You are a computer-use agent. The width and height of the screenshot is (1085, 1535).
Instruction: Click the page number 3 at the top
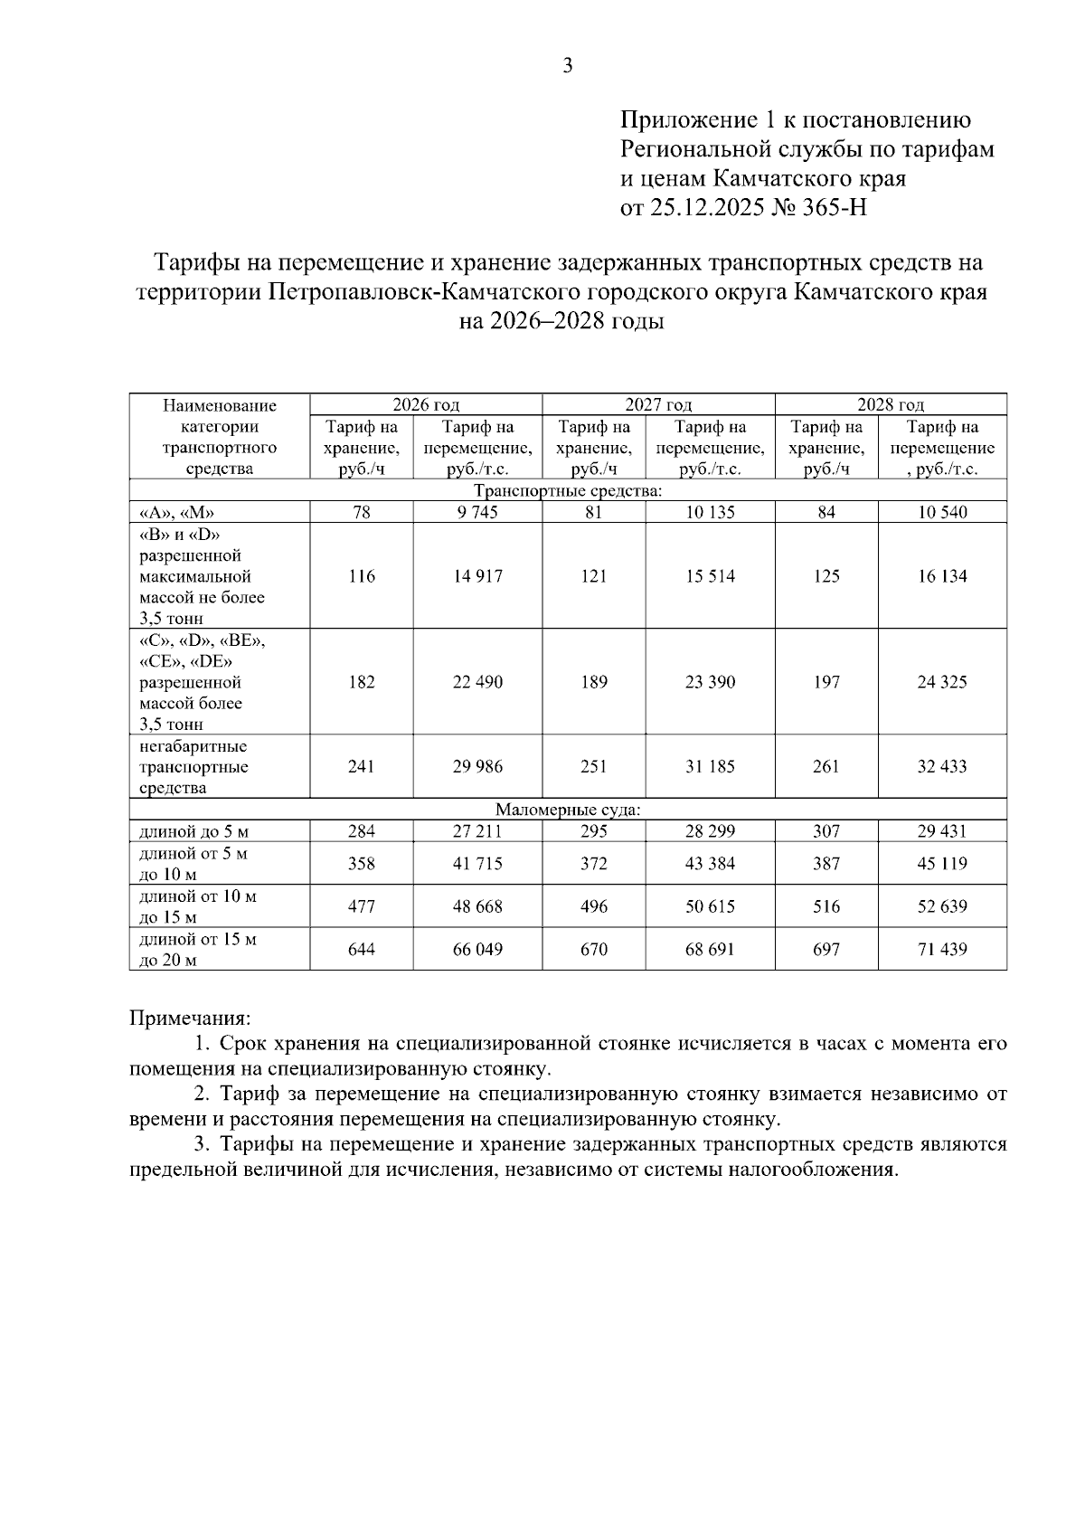point(568,65)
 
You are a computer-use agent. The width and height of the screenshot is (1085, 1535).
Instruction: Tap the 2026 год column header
point(426,404)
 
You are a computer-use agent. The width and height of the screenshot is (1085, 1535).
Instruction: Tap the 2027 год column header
point(658,404)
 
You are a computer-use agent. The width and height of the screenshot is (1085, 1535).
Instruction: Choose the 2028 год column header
point(891,404)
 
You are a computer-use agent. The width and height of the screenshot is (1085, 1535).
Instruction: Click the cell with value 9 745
point(477,513)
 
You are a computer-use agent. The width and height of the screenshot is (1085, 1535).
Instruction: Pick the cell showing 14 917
point(477,576)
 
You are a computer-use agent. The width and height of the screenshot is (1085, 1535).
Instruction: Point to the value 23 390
point(710,682)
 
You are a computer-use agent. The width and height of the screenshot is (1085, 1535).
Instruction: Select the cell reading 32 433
point(942,767)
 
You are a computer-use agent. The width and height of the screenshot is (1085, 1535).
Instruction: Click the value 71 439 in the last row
point(942,950)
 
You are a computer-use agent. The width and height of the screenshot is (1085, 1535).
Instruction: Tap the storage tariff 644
point(362,950)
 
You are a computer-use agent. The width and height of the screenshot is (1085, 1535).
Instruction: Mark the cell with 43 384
point(710,864)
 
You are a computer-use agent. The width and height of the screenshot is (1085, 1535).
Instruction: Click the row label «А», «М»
point(176,513)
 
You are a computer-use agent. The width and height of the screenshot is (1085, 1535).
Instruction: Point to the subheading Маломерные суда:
point(568,810)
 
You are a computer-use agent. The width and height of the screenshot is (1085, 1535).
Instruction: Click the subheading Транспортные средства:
point(568,491)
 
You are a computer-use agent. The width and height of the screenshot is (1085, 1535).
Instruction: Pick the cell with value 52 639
point(942,907)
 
